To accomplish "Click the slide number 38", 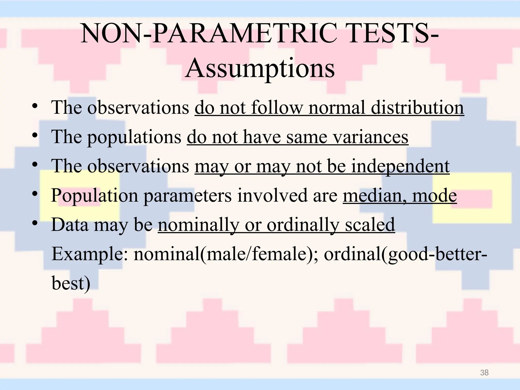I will [x=484, y=373].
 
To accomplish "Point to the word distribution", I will [x=417, y=108].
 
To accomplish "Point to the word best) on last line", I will [x=71, y=283].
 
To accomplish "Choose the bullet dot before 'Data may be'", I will [x=35, y=223].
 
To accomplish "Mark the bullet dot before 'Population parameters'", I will [x=35, y=194].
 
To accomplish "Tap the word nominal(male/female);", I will [x=226, y=254].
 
